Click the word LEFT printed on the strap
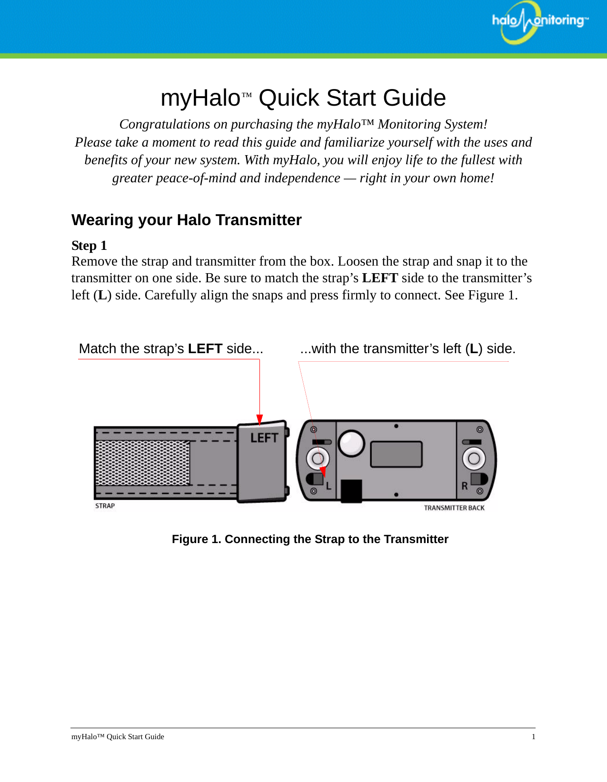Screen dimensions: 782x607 coord(264,438)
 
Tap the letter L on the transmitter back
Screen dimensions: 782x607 coord(328,486)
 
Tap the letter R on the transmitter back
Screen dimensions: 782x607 coord(464,486)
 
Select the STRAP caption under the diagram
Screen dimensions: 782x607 coord(105,506)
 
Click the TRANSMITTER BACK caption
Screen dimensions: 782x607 coord(454,508)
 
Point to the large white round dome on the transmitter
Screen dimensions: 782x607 coord(351,443)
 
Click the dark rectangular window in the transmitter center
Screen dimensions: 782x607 coord(396,454)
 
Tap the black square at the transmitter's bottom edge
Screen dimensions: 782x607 coord(351,491)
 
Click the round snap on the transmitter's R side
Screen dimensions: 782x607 coord(474,458)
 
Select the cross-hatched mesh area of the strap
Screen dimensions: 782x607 coord(143,463)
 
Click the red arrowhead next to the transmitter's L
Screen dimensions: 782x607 coord(323,472)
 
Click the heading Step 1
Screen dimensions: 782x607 coord(89,246)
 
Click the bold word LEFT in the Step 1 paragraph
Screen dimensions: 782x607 coord(380,278)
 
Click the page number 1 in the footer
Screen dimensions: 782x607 coord(533,737)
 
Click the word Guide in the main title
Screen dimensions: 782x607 coord(414,98)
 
